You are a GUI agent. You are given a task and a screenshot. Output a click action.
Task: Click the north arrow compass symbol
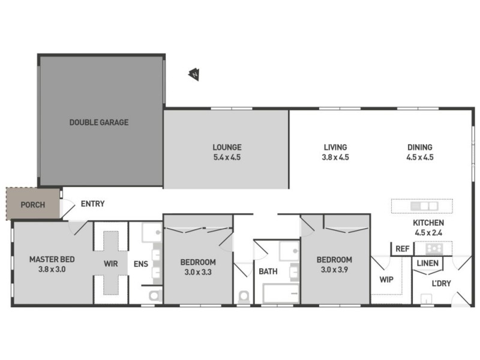point(194,74)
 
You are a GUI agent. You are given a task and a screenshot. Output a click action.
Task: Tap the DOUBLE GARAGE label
point(99,122)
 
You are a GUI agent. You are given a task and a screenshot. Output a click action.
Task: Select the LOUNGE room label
point(227,147)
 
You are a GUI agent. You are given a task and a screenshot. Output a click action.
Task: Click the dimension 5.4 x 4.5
point(227,157)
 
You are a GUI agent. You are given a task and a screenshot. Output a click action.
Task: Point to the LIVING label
point(335,147)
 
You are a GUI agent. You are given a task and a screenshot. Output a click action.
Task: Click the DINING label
point(420,147)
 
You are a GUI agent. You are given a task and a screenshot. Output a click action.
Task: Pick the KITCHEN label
point(428,223)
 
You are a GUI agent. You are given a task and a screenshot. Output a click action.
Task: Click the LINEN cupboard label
point(427,263)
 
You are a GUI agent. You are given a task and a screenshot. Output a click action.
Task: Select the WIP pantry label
point(386,279)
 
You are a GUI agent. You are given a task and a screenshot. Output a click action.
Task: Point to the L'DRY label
point(442,283)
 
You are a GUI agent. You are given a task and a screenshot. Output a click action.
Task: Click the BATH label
point(268,271)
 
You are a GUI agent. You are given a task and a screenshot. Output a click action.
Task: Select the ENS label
point(140,263)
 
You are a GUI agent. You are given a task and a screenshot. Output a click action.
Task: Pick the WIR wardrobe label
point(111,263)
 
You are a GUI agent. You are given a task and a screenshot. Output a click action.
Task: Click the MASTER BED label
point(52,259)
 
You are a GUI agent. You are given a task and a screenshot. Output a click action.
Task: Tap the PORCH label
point(32,205)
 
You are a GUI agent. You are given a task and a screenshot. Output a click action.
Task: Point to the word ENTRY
point(92,204)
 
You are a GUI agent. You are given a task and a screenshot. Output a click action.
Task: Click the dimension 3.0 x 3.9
point(334,270)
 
